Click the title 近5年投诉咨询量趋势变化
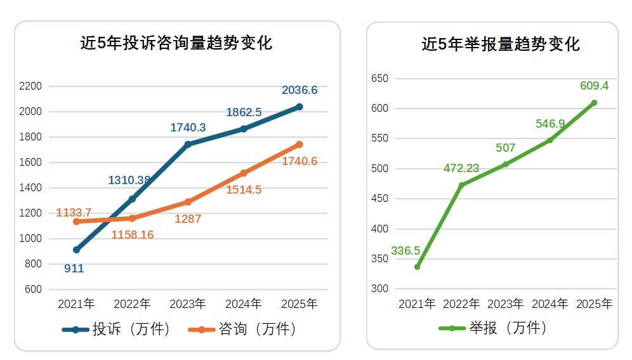[176, 43]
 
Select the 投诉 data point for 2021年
[76, 250]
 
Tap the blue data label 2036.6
[300, 91]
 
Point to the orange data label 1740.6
[300, 161]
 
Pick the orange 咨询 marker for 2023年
[188, 202]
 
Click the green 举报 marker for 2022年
[461, 185]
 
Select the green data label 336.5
[405, 251]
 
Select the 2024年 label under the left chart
[244, 304]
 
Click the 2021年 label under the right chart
[417, 304]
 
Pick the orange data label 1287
[188, 219]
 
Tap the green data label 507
[505, 148]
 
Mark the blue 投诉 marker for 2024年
[244, 129]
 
